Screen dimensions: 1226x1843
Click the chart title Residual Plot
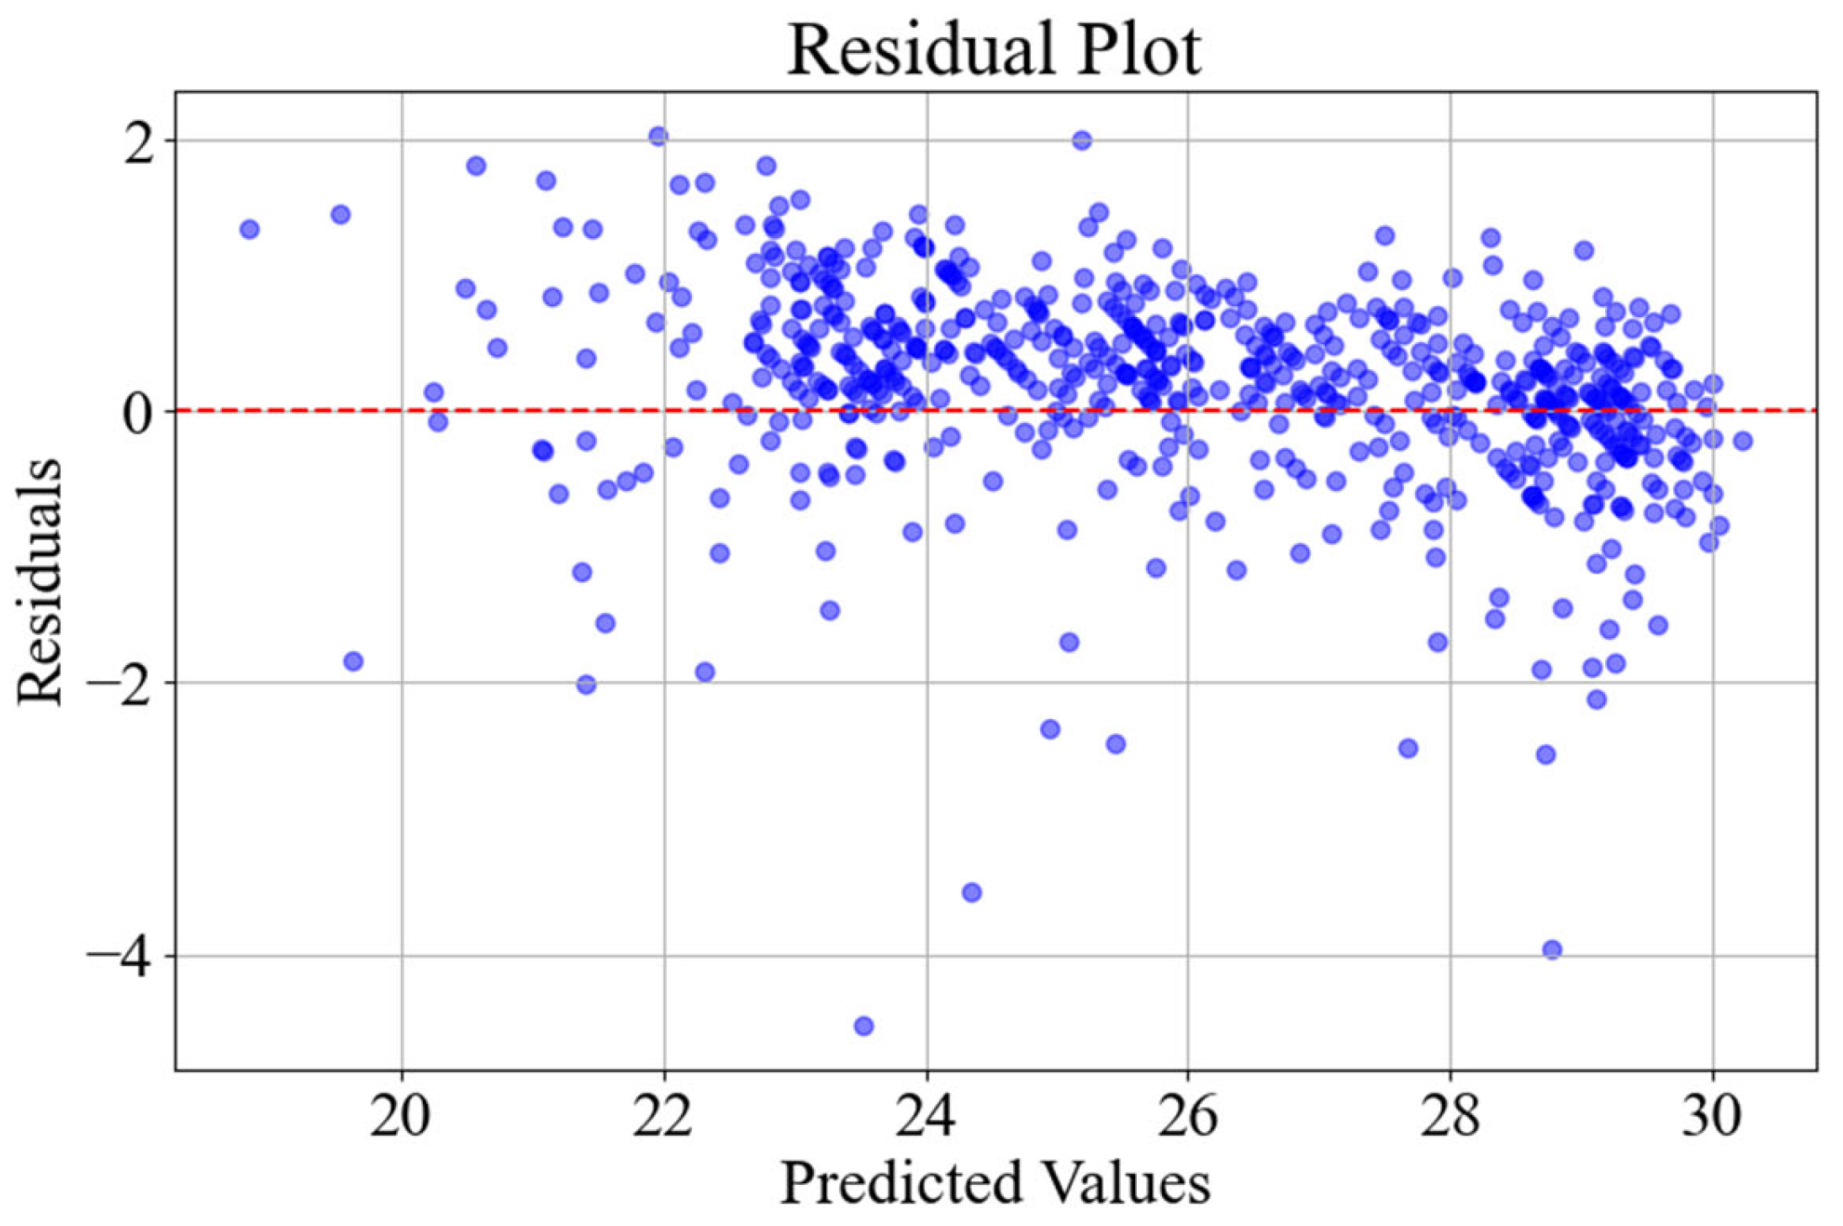click(994, 50)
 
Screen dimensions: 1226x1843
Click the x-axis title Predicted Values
click(995, 1182)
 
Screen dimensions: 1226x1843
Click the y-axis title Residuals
click(40, 582)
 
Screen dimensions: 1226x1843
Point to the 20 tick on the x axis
click(401, 1117)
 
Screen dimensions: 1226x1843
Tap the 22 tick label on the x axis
click(663, 1117)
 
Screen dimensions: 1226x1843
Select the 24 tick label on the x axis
click(926, 1117)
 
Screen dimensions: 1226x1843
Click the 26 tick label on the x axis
click(1187, 1117)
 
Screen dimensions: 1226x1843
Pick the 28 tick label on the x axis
click(1450, 1117)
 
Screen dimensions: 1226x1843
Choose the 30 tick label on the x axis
click(1711, 1117)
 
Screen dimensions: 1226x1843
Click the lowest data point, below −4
click(863, 1026)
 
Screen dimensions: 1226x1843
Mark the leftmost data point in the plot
click(249, 229)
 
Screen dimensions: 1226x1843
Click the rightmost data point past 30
click(1742, 441)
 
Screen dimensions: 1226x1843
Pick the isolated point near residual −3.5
click(971, 892)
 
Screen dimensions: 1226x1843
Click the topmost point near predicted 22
click(658, 136)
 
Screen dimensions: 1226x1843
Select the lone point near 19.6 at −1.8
click(353, 661)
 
